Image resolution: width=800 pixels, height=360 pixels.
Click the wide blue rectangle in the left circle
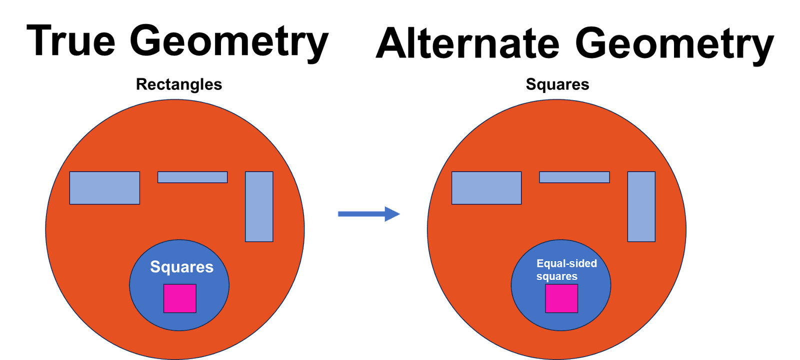click(104, 188)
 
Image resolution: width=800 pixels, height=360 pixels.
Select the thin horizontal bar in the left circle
click(192, 177)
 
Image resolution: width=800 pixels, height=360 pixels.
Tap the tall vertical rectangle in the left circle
click(259, 206)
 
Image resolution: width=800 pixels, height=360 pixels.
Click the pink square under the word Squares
click(180, 298)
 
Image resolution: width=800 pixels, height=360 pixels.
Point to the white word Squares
click(182, 267)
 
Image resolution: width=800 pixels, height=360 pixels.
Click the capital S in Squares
click(155, 266)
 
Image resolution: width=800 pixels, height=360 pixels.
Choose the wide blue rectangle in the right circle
click(486, 188)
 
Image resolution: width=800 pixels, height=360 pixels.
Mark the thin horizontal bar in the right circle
click(574, 177)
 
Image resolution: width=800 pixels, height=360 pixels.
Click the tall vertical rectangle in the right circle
click(641, 206)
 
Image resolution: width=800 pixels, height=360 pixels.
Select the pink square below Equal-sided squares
click(561, 298)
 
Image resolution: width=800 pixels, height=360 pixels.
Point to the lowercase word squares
click(557, 276)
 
